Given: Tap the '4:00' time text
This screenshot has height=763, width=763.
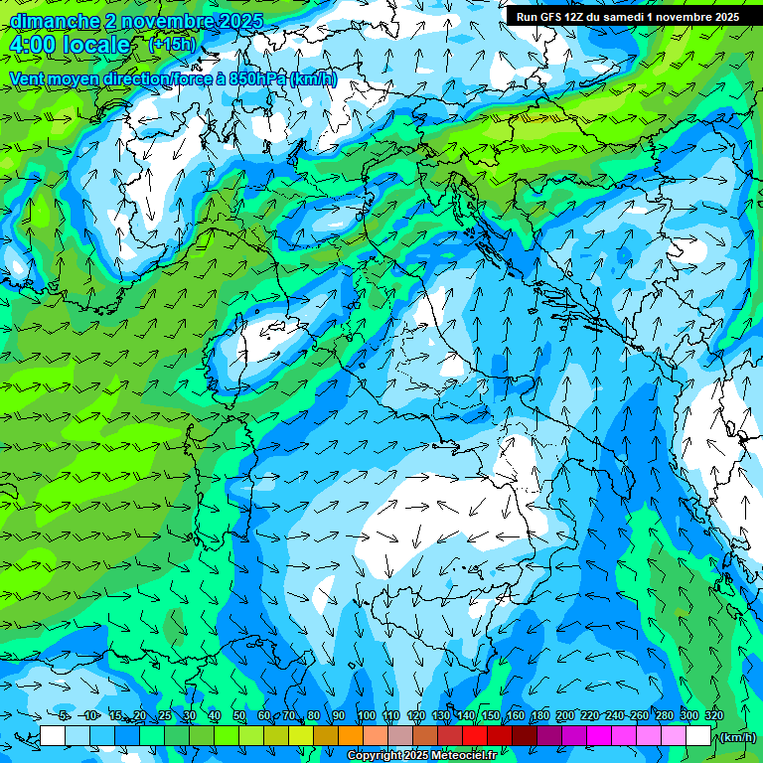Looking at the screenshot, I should tap(33, 46).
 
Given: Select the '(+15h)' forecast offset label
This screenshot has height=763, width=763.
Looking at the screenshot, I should tap(172, 44).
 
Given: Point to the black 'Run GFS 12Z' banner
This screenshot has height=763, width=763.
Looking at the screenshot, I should tap(627, 17).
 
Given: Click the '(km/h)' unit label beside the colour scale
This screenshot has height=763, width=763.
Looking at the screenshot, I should tap(736, 736).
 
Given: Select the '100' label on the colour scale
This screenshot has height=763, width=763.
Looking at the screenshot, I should tap(367, 716).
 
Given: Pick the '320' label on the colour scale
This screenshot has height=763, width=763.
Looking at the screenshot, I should tap(714, 716).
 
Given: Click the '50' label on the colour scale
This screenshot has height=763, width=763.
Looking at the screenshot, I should tap(239, 716).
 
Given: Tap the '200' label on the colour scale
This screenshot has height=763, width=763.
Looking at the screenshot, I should tap(565, 716).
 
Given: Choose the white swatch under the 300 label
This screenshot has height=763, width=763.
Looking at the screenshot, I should tap(698, 736).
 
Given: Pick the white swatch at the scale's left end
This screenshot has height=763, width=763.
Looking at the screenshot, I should tap(53, 736).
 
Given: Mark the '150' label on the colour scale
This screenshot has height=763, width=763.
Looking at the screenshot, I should tap(491, 716).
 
